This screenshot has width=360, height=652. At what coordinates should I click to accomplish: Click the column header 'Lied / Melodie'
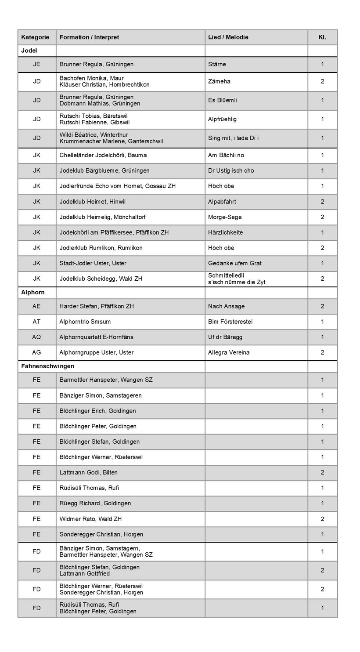click(x=228, y=37)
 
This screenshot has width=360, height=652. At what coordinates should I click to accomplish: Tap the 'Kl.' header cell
click(x=322, y=37)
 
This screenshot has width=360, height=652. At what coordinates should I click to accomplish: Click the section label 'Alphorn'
click(x=33, y=292)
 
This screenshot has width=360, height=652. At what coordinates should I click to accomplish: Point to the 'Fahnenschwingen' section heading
click(x=47, y=366)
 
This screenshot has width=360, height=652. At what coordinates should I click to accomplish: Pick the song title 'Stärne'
click(x=217, y=64)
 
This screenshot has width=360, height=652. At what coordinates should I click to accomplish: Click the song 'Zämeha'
click(x=219, y=81)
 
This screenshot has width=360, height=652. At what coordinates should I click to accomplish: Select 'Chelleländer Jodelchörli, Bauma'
click(x=103, y=155)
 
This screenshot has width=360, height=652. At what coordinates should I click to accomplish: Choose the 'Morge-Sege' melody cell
click(x=225, y=217)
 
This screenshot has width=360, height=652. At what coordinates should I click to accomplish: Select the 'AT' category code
click(x=36, y=322)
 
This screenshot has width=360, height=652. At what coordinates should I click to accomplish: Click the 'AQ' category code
click(x=36, y=337)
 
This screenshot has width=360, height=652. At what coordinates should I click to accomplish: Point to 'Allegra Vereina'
click(x=229, y=352)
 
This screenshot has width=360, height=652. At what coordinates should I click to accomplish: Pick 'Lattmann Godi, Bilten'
click(x=88, y=472)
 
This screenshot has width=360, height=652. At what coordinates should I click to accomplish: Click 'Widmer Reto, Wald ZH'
click(x=90, y=519)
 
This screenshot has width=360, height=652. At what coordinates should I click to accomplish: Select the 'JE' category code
click(x=36, y=64)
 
